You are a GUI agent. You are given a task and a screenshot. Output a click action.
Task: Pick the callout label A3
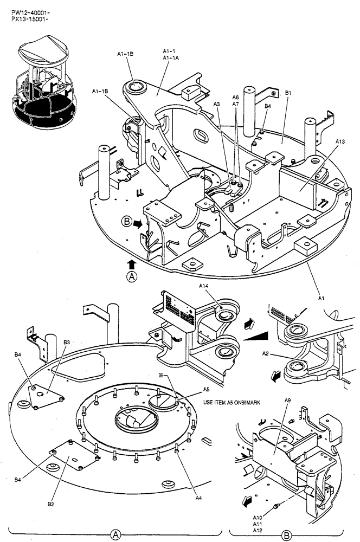click(x=217, y=104)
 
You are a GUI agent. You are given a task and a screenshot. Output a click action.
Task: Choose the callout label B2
click(x=50, y=505)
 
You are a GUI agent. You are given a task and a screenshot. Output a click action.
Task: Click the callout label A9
click(x=288, y=400)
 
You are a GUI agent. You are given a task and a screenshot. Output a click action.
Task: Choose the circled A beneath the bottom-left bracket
click(x=115, y=534)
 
